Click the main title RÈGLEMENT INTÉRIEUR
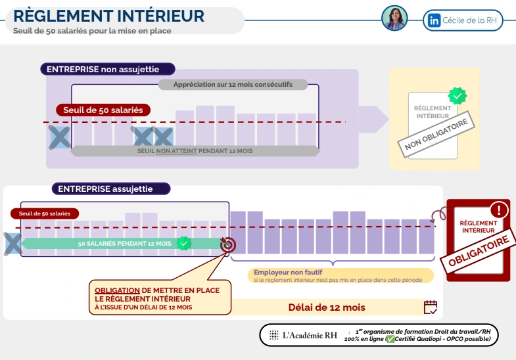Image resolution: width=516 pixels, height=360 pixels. (109, 16)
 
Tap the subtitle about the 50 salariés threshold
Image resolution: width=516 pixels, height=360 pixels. (92, 31)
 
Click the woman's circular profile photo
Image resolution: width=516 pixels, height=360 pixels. (394, 18)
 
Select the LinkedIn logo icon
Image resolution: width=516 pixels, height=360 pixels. (434, 20)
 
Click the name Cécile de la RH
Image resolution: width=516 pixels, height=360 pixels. (470, 20)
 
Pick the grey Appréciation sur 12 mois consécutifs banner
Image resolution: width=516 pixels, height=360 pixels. (233, 85)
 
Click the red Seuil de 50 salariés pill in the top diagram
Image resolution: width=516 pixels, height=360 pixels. (103, 110)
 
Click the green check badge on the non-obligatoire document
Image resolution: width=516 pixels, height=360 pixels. (457, 96)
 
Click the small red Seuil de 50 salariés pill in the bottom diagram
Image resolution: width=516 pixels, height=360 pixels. (44, 214)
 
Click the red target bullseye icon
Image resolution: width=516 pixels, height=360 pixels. (227, 244)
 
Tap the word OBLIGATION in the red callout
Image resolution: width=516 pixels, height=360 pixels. (117, 290)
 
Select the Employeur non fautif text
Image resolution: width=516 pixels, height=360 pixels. (288, 272)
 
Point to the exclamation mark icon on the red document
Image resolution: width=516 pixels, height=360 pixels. (499, 210)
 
